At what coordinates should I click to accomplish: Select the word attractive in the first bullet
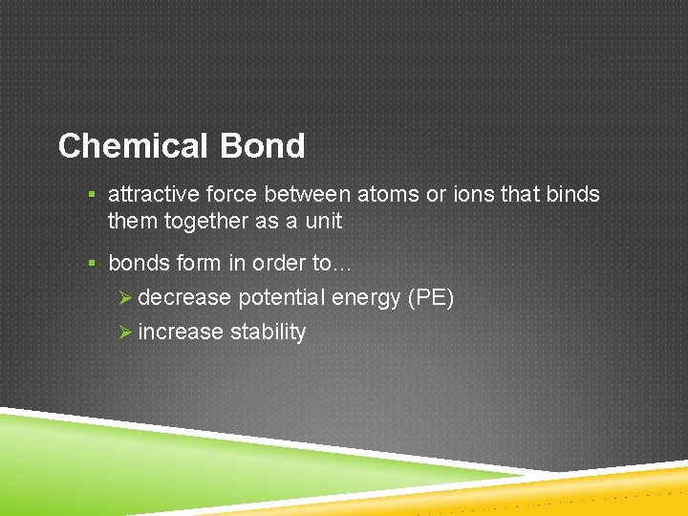point(149,195)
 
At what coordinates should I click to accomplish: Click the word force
point(226,195)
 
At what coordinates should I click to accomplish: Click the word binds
point(572,195)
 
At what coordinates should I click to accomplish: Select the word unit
point(322,222)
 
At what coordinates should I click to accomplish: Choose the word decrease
point(184,298)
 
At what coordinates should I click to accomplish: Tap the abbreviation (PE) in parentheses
point(430,298)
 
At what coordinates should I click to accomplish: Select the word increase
point(182,333)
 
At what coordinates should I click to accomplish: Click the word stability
point(269,333)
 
